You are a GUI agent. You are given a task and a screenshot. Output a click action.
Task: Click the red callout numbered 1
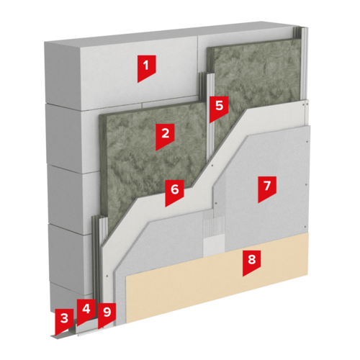point(146,68)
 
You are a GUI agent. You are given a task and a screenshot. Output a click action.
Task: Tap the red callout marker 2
point(165,137)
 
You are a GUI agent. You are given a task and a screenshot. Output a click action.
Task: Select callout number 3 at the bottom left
point(64,322)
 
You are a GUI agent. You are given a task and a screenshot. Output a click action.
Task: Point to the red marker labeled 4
point(86,312)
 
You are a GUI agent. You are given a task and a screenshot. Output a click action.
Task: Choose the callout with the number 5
point(219,109)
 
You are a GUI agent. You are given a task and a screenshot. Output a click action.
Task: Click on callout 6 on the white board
point(174,193)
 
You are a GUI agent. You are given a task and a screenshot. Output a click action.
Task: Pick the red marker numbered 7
point(267,189)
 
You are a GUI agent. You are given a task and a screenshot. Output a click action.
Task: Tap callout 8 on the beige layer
point(251,263)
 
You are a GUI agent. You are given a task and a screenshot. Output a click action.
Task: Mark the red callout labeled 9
point(107,315)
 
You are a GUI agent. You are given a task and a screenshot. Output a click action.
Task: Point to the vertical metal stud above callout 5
point(207,85)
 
